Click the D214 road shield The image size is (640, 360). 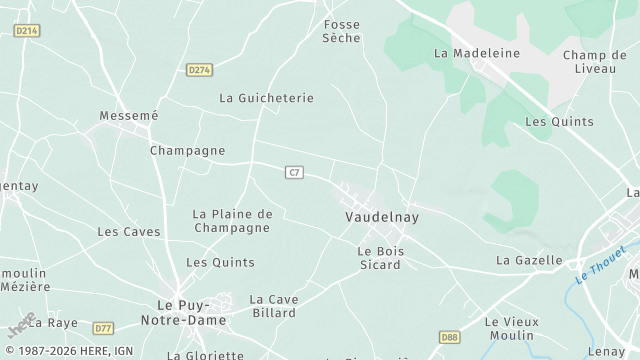(x=27, y=31)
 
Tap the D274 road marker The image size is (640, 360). (x=199, y=69)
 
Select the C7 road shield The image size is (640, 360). (x=293, y=173)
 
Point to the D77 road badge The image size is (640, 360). (x=103, y=327)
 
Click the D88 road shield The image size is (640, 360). (x=449, y=338)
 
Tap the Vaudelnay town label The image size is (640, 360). (x=381, y=216)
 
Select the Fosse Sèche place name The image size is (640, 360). (x=341, y=31)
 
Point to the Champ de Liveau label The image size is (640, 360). (x=594, y=62)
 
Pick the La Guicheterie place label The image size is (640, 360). (x=266, y=98)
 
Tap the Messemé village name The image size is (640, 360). (x=129, y=116)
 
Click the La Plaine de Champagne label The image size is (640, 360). (x=232, y=220)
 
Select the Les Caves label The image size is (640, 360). (x=128, y=231)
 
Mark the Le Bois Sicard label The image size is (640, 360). (x=380, y=257)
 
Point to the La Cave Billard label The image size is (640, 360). (x=272, y=305)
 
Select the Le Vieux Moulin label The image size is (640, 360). (x=511, y=328)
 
